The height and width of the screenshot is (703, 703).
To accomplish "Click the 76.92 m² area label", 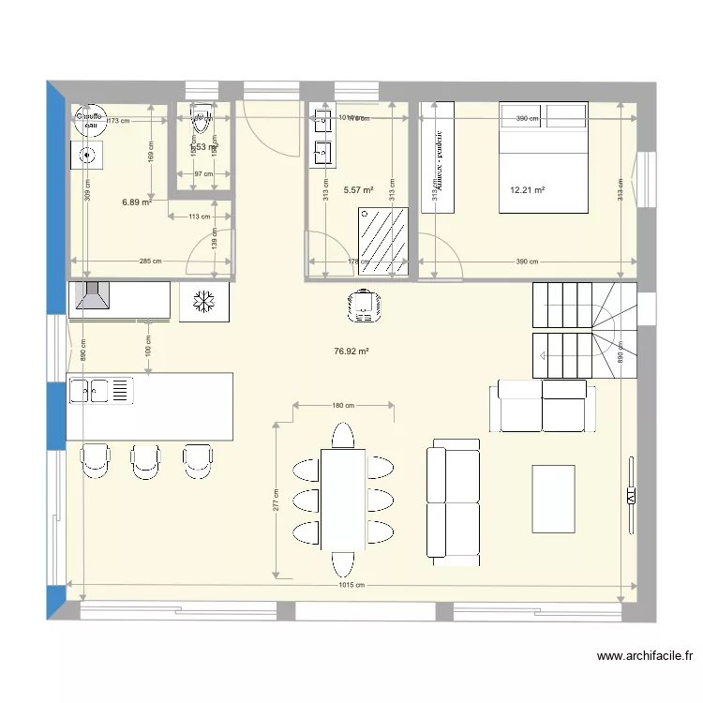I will (351, 352).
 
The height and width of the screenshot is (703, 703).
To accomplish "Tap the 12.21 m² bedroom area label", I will (528, 190).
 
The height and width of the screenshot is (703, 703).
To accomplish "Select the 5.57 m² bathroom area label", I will (358, 190).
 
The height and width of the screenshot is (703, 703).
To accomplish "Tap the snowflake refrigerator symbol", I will (203, 301).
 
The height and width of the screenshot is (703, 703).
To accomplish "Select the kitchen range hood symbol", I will (92, 297).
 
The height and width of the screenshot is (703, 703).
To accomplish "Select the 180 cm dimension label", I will (343, 406).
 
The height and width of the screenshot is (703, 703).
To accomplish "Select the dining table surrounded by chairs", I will (342, 498).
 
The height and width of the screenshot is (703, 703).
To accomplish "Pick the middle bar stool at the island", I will (145, 459).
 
